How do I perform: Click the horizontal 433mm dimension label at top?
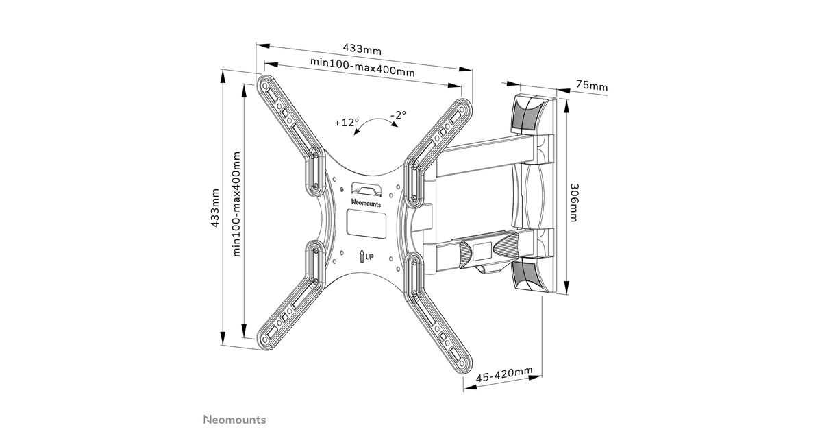(x=362, y=49)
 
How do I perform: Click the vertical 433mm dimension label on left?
(x=214, y=208)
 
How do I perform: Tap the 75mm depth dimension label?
(x=591, y=86)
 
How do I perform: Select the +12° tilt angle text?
(x=347, y=123)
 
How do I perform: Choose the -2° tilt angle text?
(x=398, y=115)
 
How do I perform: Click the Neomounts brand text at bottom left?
(x=234, y=419)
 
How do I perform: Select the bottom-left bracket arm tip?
(x=266, y=339)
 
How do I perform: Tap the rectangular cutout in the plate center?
(x=366, y=224)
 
